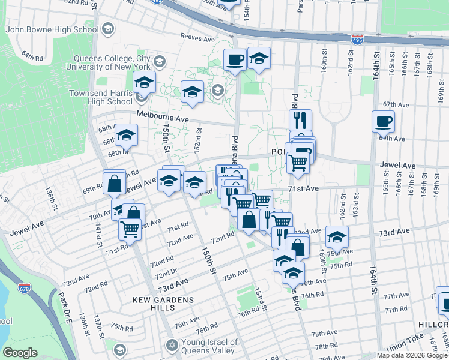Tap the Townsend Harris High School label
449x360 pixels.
(x=100, y=98)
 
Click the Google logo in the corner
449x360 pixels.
(x=20, y=353)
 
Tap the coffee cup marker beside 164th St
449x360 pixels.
(x=383, y=122)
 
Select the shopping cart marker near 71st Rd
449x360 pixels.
(x=130, y=229)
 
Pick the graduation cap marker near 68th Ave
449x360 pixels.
(x=126, y=136)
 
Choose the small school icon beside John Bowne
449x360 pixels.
(x=108, y=28)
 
